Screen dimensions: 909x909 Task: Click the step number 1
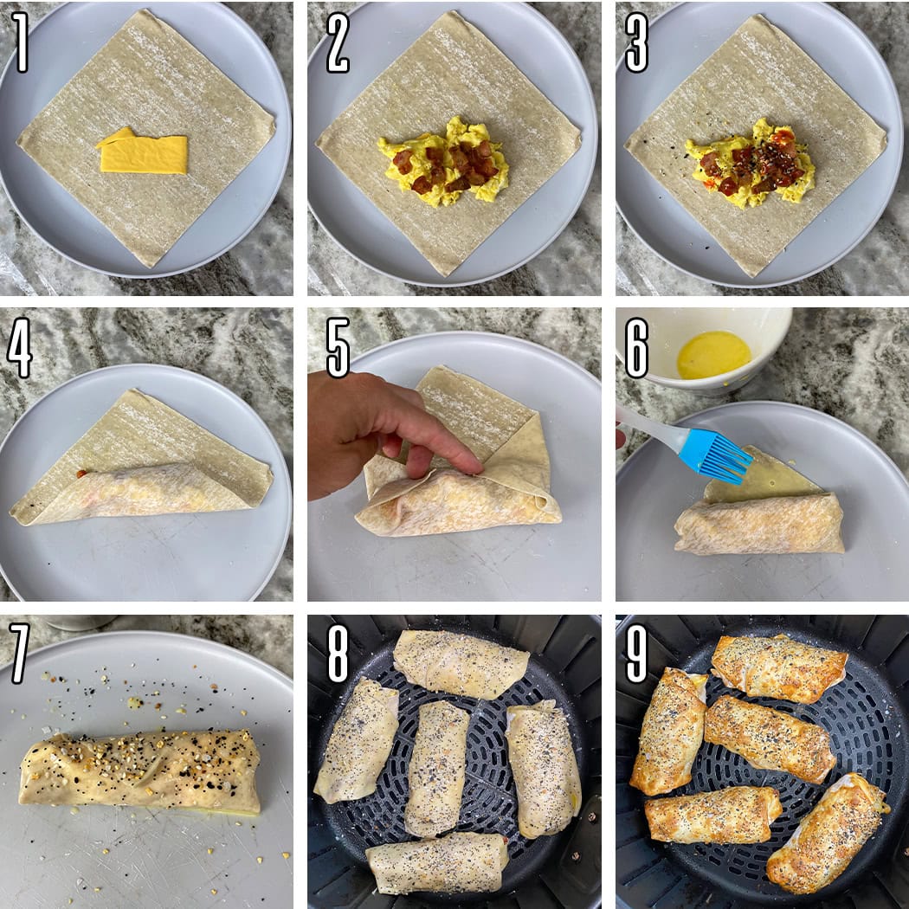pos(20,42)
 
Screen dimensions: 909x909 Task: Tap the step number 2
pos(338,42)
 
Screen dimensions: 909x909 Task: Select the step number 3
pos(636,42)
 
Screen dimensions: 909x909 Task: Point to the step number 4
pos(20,347)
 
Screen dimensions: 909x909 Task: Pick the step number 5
pos(338,347)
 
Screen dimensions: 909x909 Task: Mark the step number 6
pos(636,347)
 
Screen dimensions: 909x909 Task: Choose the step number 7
pos(20,653)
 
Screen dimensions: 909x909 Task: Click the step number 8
pos(338,653)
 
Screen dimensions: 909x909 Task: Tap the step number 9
pos(636,653)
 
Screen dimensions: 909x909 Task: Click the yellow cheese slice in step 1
pos(143,151)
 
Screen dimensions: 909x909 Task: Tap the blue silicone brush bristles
pos(717,455)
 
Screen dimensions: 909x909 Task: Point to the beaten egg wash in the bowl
pos(713,355)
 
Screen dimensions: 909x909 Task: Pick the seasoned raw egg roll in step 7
pos(140,771)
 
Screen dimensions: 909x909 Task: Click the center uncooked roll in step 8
pos(436,768)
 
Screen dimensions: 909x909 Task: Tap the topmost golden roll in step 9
pos(779,668)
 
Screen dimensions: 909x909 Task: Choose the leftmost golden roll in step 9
pos(668,732)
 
